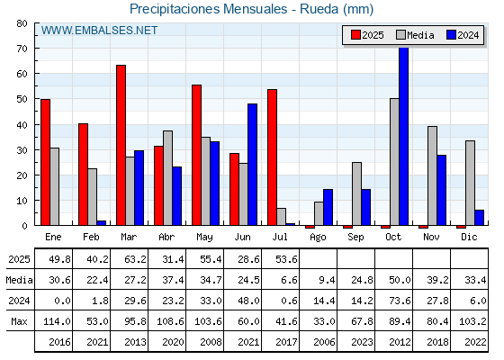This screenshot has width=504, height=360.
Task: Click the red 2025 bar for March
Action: [x=121, y=145]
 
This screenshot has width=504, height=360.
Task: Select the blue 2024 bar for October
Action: [x=404, y=136]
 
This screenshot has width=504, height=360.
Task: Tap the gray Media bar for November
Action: [x=432, y=175]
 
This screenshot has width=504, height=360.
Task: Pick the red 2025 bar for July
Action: [x=272, y=157]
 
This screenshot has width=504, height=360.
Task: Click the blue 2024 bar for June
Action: [x=252, y=164]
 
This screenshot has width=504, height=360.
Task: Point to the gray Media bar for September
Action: [x=356, y=193]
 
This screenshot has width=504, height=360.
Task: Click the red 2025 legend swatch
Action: [x=355, y=35]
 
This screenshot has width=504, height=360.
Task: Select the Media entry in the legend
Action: [x=415, y=35]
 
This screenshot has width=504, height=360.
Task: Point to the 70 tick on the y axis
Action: [x=22, y=49]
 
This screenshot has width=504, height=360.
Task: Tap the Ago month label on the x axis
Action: [x=318, y=238]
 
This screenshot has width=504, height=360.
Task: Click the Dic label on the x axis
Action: [x=469, y=237]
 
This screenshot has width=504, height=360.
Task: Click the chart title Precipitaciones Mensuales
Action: [x=208, y=9]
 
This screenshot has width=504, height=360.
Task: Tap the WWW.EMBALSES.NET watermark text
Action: [x=99, y=31]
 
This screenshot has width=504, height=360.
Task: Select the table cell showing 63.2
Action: [x=135, y=259]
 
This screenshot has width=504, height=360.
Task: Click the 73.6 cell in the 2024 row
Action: [x=400, y=301]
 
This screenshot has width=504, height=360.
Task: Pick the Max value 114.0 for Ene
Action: [x=57, y=321]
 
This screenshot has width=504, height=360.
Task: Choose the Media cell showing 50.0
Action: [x=400, y=280]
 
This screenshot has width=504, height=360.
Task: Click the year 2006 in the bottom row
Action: [x=324, y=342]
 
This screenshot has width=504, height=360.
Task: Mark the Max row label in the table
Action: [x=19, y=321]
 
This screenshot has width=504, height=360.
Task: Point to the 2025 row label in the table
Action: [x=19, y=259]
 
